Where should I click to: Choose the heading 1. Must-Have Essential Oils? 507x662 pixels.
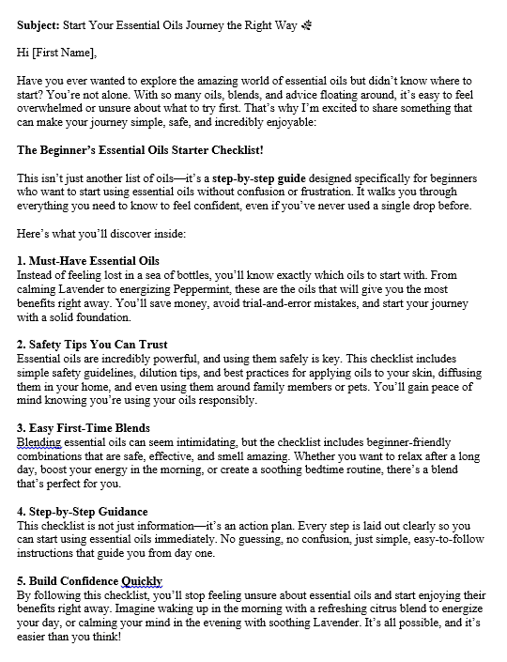(88, 260)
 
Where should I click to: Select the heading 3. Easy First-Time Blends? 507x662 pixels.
(84, 428)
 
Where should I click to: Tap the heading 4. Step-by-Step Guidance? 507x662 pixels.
(84, 512)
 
